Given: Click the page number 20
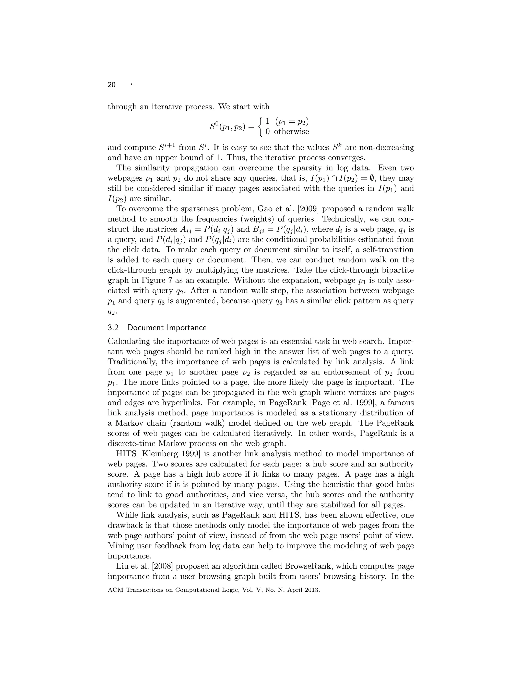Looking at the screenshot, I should tap(112, 85).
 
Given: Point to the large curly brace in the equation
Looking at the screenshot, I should tap(261, 126).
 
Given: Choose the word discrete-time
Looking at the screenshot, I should tap(135, 443).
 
